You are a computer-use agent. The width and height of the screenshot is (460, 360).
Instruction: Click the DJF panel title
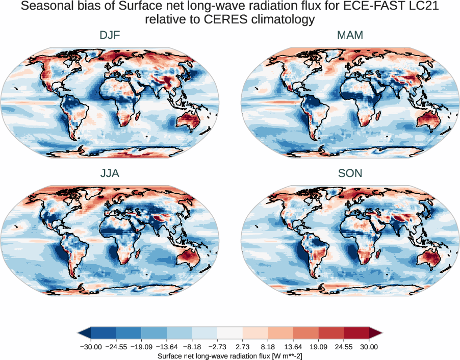click(x=110, y=35)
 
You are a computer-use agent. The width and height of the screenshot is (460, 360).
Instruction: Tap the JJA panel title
click(x=110, y=173)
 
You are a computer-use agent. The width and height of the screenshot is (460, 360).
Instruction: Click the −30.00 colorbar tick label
click(x=91, y=347)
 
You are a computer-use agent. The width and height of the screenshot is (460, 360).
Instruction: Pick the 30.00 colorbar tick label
click(x=369, y=347)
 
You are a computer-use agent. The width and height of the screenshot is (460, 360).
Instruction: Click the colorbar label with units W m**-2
click(x=230, y=355)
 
